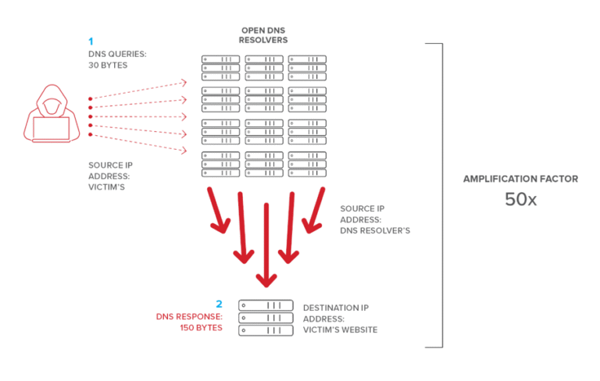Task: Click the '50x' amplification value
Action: (x=520, y=200)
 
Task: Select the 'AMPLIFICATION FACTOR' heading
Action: (x=520, y=179)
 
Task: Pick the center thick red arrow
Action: (x=267, y=242)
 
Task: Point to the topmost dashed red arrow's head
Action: (x=184, y=80)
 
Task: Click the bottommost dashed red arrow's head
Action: (x=184, y=150)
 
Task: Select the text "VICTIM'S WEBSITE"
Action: (x=340, y=329)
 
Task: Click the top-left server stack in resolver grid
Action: (x=222, y=68)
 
